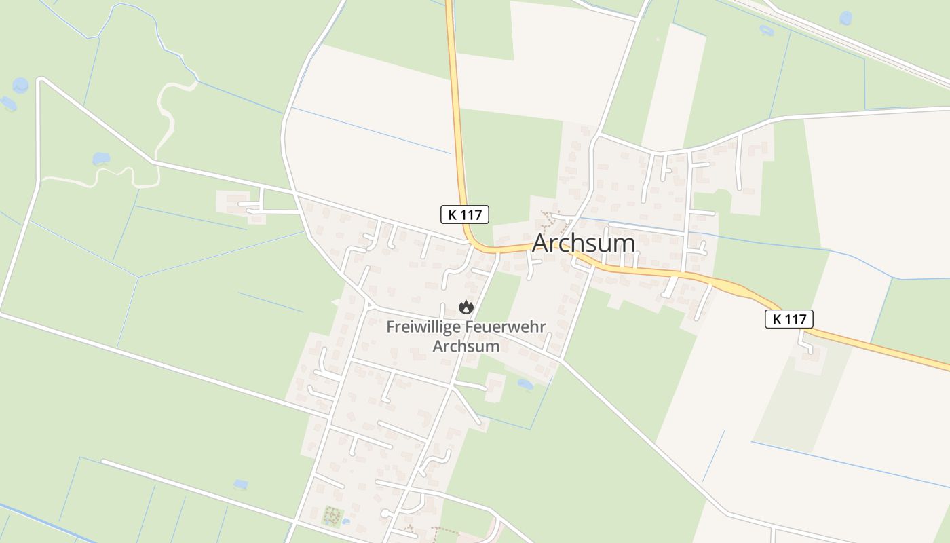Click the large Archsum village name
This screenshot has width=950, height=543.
click(584, 243)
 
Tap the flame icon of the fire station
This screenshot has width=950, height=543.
click(465, 307)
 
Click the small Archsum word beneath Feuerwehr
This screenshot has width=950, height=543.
click(465, 346)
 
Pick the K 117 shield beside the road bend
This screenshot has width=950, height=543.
click(465, 214)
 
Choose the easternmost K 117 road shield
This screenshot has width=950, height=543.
click(788, 318)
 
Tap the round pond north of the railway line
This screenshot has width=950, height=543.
click(845, 18)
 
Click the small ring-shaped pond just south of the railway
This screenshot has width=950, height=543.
click(767, 31)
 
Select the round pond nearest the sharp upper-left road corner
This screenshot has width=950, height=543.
click(20, 85)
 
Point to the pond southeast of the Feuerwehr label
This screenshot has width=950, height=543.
click(525, 384)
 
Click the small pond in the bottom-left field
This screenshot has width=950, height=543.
click(240, 484)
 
